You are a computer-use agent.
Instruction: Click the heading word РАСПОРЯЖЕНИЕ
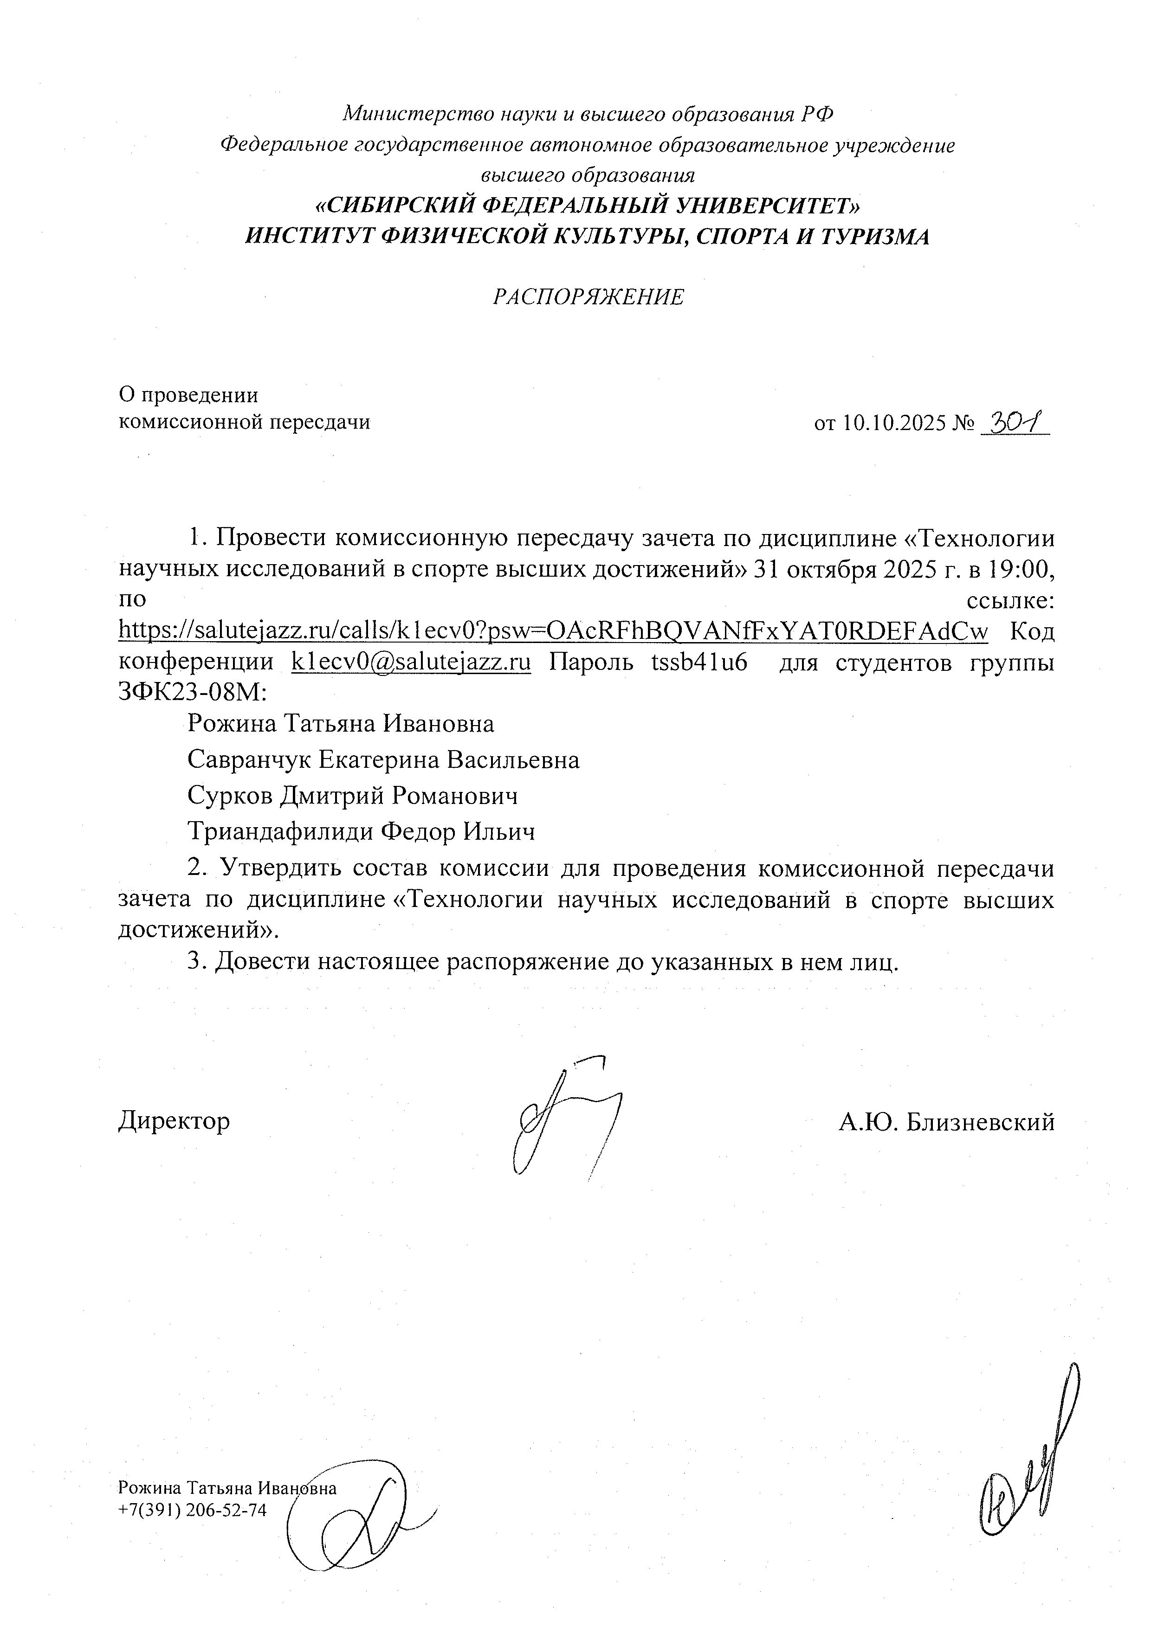[588, 297]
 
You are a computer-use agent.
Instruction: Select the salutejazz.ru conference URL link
[553, 630]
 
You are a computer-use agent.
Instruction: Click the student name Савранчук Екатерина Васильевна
[383, 760]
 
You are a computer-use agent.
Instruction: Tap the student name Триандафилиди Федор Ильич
[361, 831]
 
